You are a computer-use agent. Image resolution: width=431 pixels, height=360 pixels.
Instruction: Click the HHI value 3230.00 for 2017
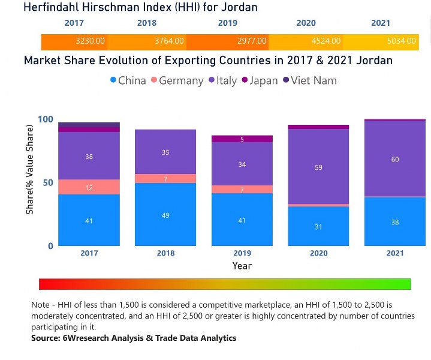[91, 41]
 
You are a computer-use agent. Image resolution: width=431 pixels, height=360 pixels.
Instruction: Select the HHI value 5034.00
[401, 41]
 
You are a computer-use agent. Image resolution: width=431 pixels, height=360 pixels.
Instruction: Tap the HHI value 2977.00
[246, 41]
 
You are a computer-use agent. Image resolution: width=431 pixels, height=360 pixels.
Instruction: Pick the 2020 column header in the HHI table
[306, 23]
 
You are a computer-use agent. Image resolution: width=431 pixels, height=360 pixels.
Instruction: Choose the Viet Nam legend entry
[309, 80]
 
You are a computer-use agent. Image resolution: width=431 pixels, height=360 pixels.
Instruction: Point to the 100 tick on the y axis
[46, 119]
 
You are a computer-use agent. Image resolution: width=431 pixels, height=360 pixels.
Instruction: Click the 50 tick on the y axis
[48, 182]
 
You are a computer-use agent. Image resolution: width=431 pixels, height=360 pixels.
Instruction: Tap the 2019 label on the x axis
[242, 253]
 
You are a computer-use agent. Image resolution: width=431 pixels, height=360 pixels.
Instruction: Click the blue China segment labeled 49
[165, 215]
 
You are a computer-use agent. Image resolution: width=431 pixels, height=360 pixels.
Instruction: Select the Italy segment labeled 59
[318, 167]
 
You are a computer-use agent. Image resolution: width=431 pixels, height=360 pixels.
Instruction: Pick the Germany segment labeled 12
[89, 187]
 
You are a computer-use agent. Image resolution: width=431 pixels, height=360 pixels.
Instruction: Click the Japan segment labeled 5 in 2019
[242, 139]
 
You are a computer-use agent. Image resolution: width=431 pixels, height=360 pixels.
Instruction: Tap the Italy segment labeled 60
[395, 159]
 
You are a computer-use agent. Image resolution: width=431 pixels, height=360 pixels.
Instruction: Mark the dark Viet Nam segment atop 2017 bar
[89, 124]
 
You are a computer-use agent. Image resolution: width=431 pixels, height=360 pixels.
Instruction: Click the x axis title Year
[242, 266]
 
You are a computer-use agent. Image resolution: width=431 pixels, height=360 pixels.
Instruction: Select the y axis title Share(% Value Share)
[31, 182]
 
